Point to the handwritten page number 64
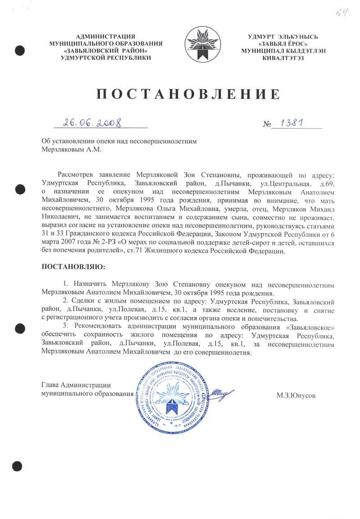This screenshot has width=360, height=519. [341, 12]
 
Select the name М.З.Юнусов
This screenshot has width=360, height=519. [296, 396]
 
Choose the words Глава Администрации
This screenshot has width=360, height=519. [76, 385]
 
